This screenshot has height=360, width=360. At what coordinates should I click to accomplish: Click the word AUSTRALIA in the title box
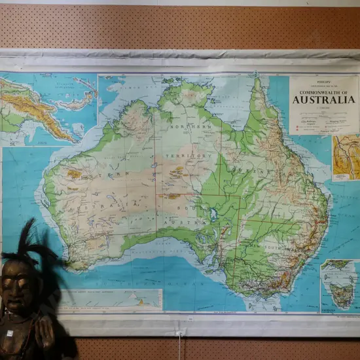(324, 100)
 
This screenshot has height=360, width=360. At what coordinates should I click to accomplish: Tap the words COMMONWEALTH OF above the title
(324, 91)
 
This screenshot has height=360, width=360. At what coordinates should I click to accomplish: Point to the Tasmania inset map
(339, 286)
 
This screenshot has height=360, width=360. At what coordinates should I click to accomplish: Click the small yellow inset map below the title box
(346, 157)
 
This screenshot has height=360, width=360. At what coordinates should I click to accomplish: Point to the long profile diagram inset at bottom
(111, 299)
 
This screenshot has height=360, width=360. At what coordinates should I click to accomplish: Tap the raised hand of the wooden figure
(46, 331)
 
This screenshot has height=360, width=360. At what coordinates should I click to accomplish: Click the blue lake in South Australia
(213, 215)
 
